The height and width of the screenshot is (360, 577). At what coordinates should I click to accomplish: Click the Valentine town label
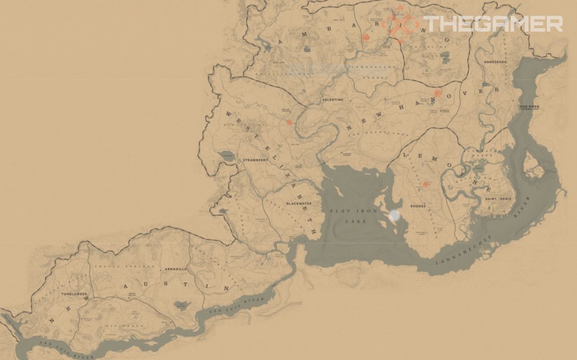point(333,99)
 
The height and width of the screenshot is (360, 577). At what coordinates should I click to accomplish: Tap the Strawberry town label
point(256,160)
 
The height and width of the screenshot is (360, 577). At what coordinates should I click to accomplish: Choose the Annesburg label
point(495,62)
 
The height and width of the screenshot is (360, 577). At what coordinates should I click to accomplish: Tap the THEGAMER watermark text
point(492,24)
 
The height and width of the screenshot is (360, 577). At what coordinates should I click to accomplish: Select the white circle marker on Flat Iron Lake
point(394,216)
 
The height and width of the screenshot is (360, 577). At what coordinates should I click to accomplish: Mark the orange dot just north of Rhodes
point(425,185)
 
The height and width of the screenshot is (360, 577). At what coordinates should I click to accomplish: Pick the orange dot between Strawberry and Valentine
point(289,122)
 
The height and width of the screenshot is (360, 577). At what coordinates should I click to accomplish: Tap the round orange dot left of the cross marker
point(365,37)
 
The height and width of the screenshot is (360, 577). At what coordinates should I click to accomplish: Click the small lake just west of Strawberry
point(224,157)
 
